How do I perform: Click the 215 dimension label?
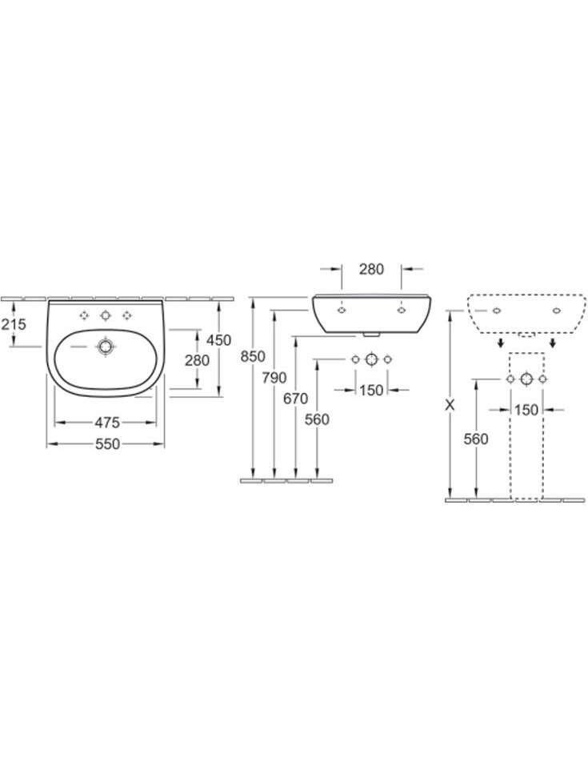(x=14, y=324)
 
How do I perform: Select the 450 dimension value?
(x=219, y=340)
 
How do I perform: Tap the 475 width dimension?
(x=107, y=423)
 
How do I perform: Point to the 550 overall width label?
(x=107, y=444)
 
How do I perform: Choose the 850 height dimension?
(x=253, y=356)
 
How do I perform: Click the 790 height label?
(x=274, y=378)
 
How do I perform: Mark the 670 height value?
(x=295, y=399)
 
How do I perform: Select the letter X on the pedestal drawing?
(x=450, y=405)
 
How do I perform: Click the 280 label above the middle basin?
(x=371, y=269)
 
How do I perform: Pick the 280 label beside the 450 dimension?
(x=198, y=360)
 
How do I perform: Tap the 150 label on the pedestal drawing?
(x=526, y=410)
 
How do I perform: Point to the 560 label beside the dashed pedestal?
(x=476, y=439)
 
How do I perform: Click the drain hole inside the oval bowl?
(x=105, y=347)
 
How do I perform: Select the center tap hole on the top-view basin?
(x=105, y=315)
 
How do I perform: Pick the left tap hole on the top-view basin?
(x=84, y=315)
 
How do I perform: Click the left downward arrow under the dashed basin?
(x=500, y=343)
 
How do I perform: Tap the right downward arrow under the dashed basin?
(x=553, y=343)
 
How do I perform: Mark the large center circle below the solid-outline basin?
(x=371, y=359)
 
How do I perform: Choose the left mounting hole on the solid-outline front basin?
(x=342, y=311)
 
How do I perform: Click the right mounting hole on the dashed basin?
(x=557, y=311)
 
